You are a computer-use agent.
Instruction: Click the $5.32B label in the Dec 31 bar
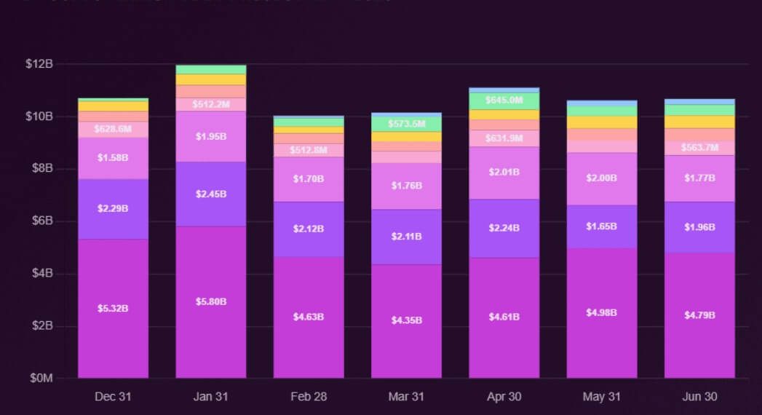pyautogui.click(x=113, y=308)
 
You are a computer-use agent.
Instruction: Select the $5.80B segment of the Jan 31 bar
pyautogui.click(x=210, y=301)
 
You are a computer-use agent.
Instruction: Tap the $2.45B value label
pyautogui.click(x=210, y=194)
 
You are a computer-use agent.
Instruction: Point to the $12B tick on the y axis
pyautogui.click(x=39, y=64)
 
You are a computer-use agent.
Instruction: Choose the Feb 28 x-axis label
pyautogui.click(x=309, y=397)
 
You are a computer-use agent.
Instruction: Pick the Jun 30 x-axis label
pyautogui.click(x=699, y=397)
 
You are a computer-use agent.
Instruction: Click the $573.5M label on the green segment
pyautogui.click(x=406, y=124)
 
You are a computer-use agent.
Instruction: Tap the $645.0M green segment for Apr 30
pyautogui.click(x=504, y=100)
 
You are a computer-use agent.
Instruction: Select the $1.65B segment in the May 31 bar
pyautogui.click(x=602, y=226)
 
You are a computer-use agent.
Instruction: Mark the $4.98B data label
pyautogui.click(x=602, y=312)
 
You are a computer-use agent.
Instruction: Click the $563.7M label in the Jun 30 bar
pyautogui.click(x=699, y=148)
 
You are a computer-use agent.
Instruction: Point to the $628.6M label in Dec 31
pyautogui.click(x=113, y=129)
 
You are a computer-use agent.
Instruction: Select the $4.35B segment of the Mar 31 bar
pyautogui.click(x=406, y=320)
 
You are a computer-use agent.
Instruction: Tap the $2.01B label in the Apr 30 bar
pyautogui.click(x=504, y=172)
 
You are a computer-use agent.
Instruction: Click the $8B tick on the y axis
pyautogui.click(x=39, y=168)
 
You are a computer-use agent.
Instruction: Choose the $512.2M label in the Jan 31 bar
pyautogui.click(x=210, y=104)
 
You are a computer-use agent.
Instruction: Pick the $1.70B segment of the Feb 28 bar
pyautogui.click(x=309, y=178)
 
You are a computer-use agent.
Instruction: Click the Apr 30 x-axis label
pyautogui.click(x=504, y=397)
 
